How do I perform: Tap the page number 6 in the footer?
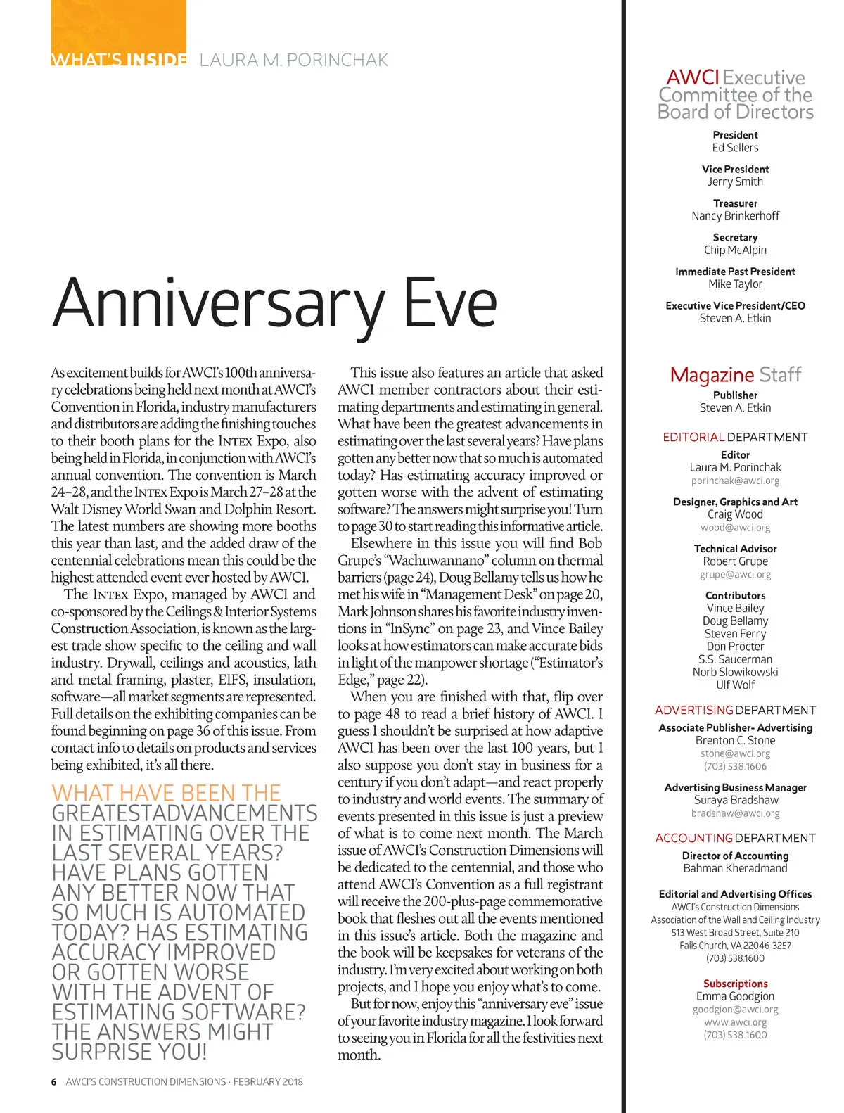click(53, 1081)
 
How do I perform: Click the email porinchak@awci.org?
click(735, 481)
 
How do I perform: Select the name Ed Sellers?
click(735, 148)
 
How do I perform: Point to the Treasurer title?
click(735, 203)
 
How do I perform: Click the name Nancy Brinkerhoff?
click(735, 216)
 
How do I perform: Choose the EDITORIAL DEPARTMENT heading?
click(735, 437)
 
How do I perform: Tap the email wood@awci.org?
click(735, 528)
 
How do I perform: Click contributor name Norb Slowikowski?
click(735, 672)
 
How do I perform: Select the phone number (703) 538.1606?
click(735, 766)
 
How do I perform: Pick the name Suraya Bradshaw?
click(735, 800)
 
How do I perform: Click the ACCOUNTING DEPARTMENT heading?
click(735, 838)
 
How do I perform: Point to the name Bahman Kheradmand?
click(735, 868)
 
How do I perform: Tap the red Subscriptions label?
click(735, 984)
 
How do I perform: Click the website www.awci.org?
click(735, 1022)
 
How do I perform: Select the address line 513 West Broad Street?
click(735, 932)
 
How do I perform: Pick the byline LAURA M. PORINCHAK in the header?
click(293, 60)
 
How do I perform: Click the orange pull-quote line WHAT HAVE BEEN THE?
click(166, 793)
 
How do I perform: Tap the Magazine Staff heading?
click(735, 374)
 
